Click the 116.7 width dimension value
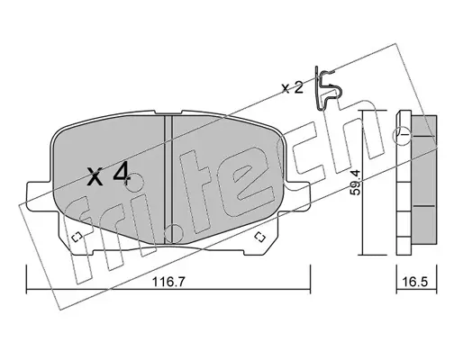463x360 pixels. pos(169,282)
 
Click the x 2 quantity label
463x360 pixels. pos(292,88)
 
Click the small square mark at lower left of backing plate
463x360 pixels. pos(77,237)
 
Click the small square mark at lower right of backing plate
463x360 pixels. pos(259,237)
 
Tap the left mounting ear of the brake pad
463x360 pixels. pos(39,196)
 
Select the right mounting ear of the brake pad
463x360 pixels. pos(297,196)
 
